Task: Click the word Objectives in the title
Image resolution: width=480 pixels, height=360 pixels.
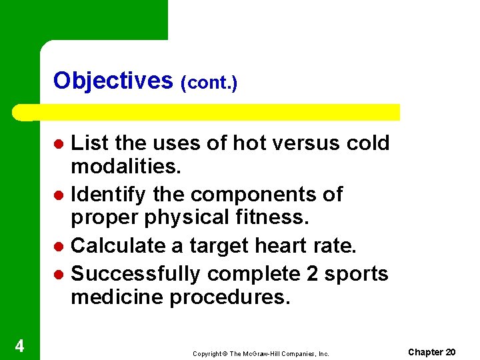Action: pyautogui.click(x=113, y=81)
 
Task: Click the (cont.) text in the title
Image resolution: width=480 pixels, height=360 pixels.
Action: pyautogui.click(x=209, y=83)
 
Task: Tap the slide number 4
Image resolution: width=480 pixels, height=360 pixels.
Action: pyautogui.click(x=20, y=346)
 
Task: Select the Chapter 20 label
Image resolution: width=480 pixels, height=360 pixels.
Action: pyautogui.click(x=432, y=352)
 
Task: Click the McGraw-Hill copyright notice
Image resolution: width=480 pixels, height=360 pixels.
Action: pyautogui.click(x=261, y=354)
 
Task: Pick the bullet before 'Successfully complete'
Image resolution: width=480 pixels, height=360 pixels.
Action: pyautogui.click(x=59, y=274)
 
